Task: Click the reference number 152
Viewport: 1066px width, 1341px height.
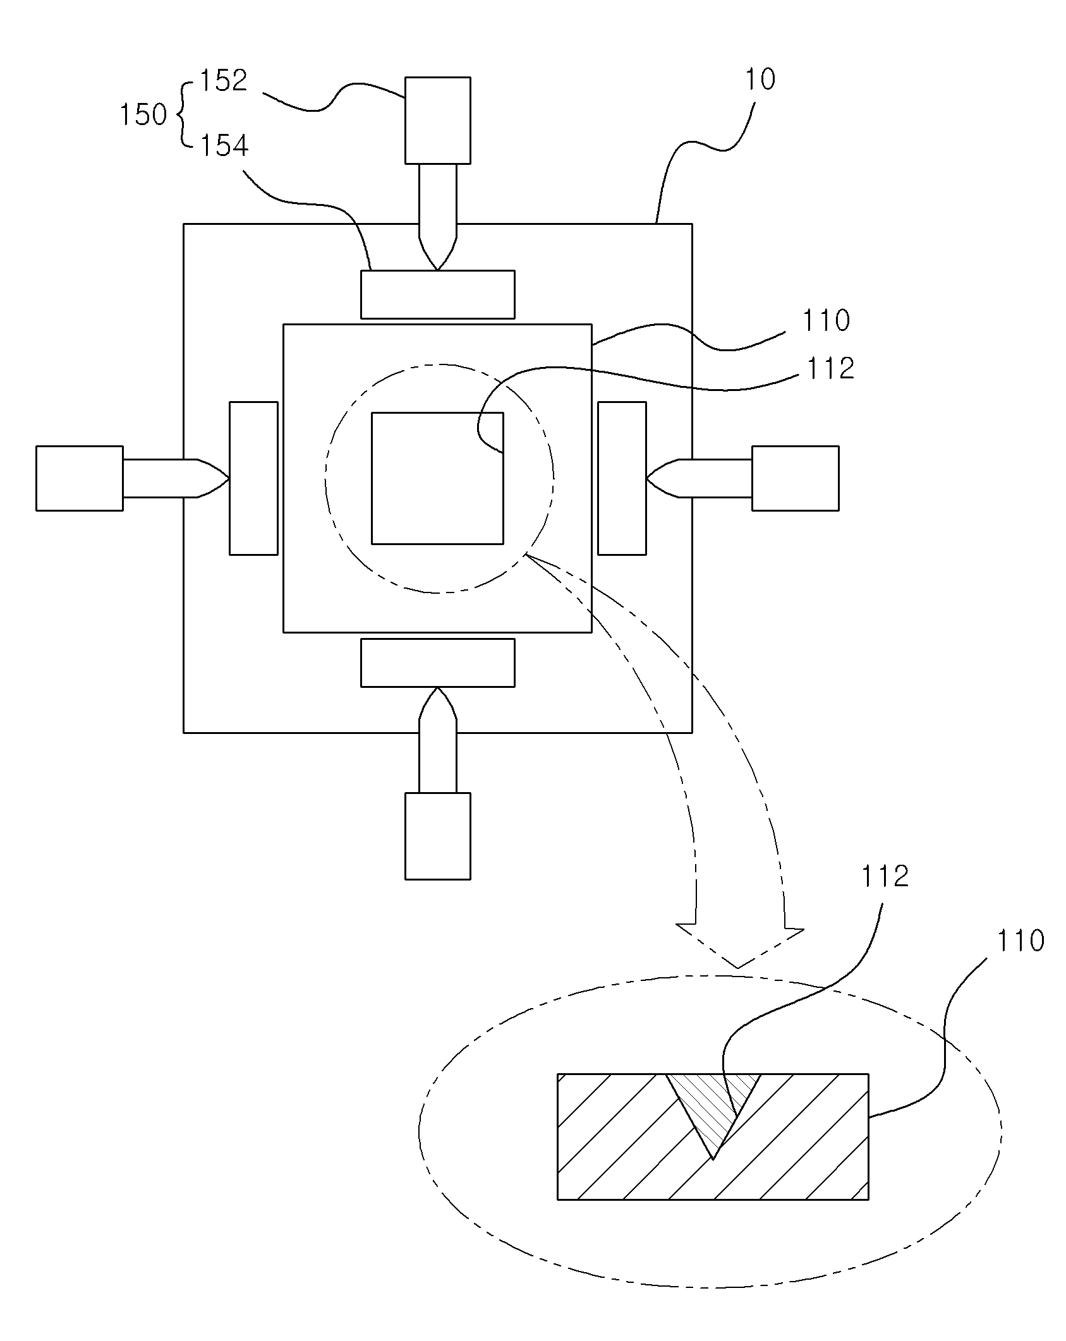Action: (223, 81)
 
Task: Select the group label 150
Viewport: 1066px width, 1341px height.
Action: (143, 115)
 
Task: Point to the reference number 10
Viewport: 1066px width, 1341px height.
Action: (760, 80)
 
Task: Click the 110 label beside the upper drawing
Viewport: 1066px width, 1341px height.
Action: (826, 321)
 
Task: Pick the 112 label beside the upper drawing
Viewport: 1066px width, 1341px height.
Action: (830, 368)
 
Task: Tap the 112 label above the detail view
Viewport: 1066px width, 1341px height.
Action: (885, 876)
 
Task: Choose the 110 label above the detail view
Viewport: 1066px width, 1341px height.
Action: (1021, 941)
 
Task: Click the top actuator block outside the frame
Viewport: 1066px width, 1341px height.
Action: (437, 120)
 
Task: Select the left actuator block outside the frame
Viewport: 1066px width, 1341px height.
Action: (80, 478)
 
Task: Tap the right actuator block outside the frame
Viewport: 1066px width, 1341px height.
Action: (796, 478)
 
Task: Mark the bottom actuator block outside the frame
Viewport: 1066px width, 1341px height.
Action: (437, 836)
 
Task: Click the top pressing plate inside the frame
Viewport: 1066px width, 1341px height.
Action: (437, 294)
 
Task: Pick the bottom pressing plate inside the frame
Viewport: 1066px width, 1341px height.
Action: (437, 663)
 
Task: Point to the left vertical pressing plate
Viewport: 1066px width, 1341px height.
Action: (253, 478)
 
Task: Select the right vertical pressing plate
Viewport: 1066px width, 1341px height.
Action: (622, 478)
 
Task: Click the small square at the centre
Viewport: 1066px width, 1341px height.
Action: (437, 478)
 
